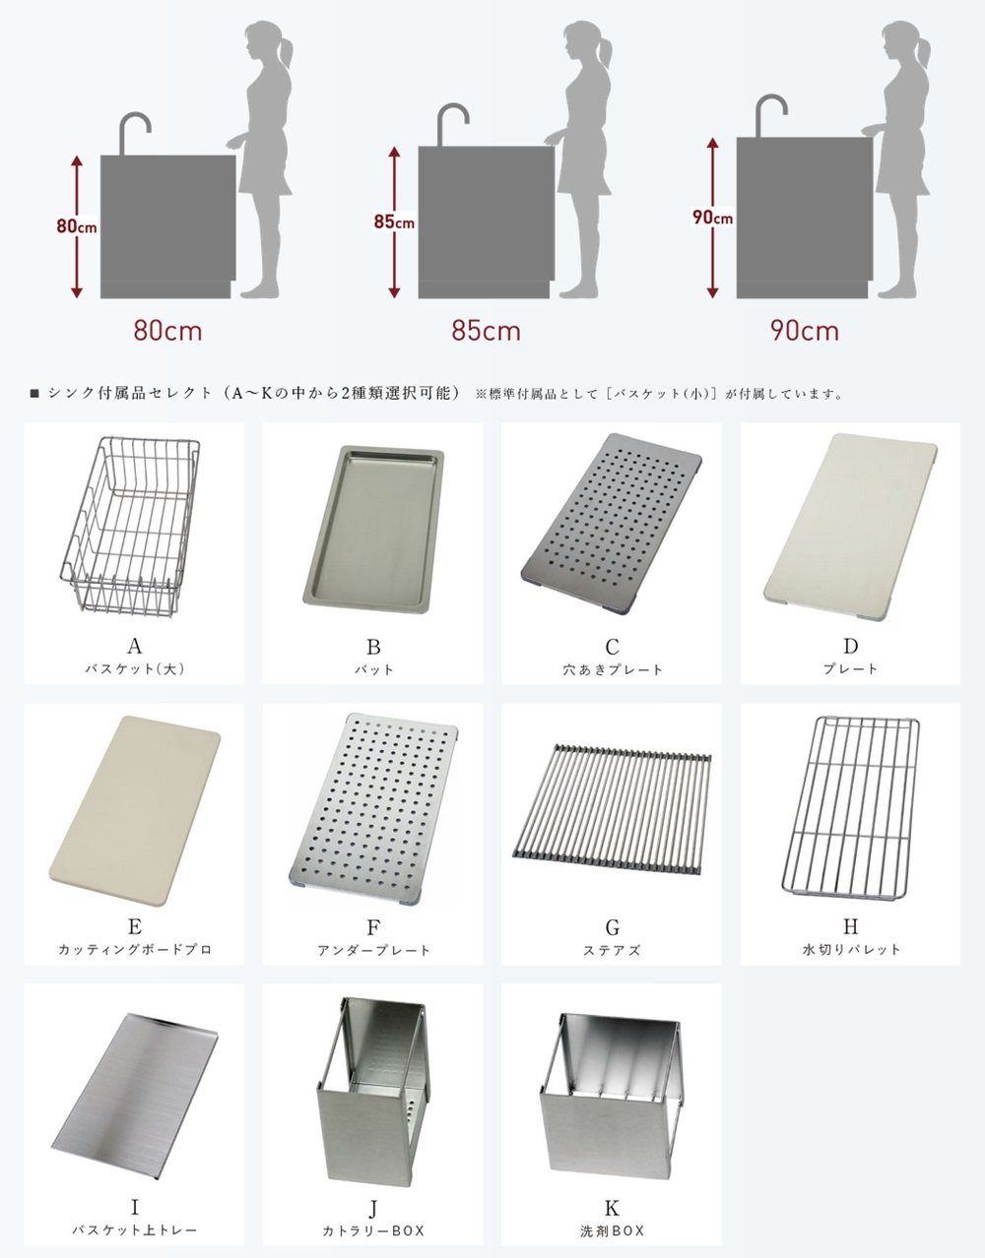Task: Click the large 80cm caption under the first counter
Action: click(x=167, y=331)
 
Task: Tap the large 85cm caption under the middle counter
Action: click(x=486, y=331)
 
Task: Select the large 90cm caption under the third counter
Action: click(x=805, y=331)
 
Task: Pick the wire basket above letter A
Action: click(x=131, y=527)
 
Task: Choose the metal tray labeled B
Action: click(x=373, y=530)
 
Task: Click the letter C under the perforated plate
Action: click(x=612, y=647)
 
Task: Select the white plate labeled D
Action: click(x=850, y=527)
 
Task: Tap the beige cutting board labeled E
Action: click(x=134, y=810)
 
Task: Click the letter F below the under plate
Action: click(x=373, y=928)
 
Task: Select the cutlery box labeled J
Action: click(x=373, y=1092)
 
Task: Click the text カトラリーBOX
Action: click(x=373, y=1230)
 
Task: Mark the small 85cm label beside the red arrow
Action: click(x=394, y=221)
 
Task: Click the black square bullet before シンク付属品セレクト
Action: click(x=34, y=394)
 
